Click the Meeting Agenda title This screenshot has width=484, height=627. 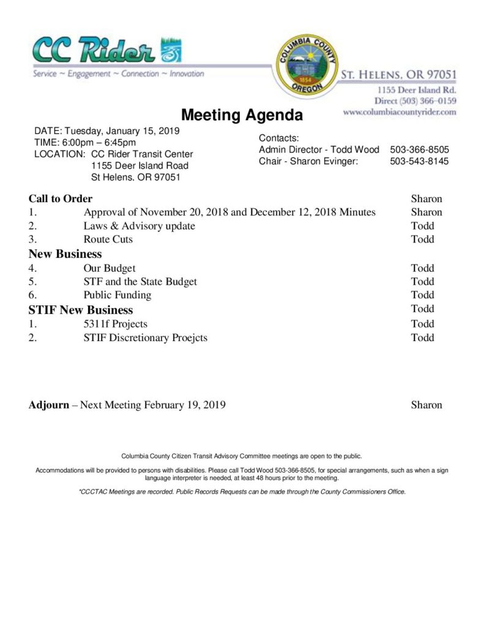pyautogui.click(x=242, y=115)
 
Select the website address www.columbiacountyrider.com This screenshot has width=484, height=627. pyautogui.click(x=400, y=113)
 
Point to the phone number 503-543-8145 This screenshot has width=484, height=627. pyautogui.click(x=419, y=162)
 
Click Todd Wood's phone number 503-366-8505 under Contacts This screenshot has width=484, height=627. pyautogui.click(x=419, y=149)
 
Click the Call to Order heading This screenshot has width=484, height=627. pyautogui.click(x=61, y=198)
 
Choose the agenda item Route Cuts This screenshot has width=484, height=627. pyautogui.click(x=108, y=239)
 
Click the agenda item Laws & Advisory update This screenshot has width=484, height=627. pyautogui.click(x=140, y=226)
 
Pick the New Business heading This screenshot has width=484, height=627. pyautogui.click(x=65, y=253)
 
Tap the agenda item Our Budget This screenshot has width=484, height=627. pyautogui.click(x=110, y=268)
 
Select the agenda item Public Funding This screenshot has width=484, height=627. pyautogui.click(x=117, y=295)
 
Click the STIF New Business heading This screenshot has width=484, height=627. pyautogui.click(x=81, y=310)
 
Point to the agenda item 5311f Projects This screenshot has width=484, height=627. pyautogui.click(x=116, y=324)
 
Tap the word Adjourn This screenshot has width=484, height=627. pyautogui.click(x=49, y=405)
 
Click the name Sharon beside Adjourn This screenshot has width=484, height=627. pyautogui.click(x=426, y=405)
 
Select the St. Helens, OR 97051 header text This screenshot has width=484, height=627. pyautogui.click(x=398, y=74)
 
